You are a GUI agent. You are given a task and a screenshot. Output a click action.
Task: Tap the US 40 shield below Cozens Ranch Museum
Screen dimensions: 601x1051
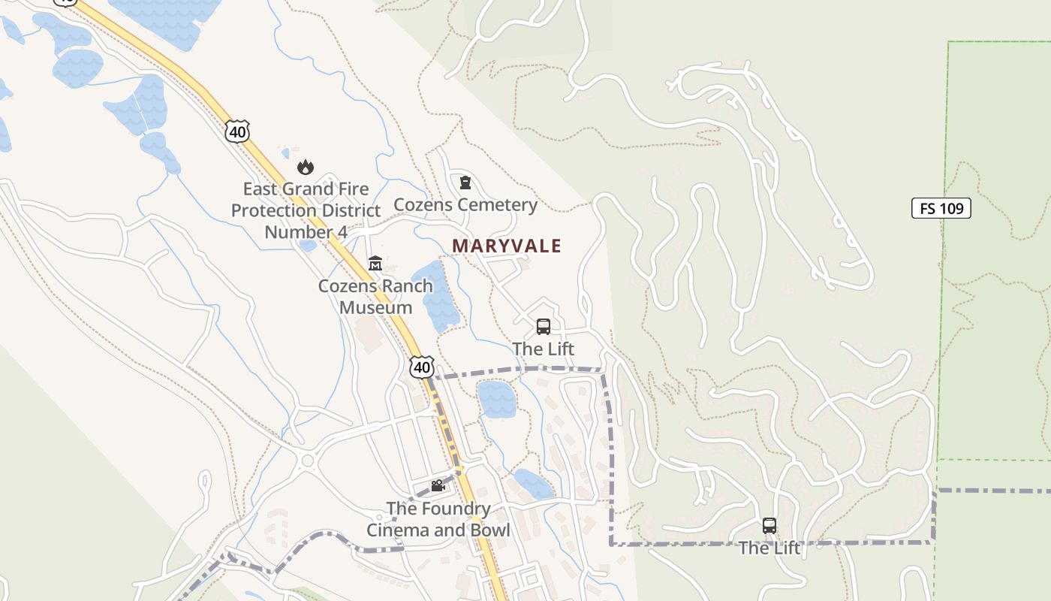pyautogui.click(x=422, y=367)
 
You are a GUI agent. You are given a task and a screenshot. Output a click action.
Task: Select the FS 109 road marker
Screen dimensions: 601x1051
pyautogui.click(x=941, y=208)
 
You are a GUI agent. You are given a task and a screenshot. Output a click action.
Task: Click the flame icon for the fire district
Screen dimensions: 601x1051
pyautogui.click(x=306, y=167)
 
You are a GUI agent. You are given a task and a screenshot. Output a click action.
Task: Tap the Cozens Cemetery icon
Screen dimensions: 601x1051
pyautogui.click(x=465, y=183)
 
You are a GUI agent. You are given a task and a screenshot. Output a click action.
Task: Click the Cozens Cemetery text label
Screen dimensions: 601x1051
pyautogui.click(x=465, y=204)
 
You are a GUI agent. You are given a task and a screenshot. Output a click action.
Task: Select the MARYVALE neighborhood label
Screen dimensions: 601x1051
pyautogui.click(x=507, y=246)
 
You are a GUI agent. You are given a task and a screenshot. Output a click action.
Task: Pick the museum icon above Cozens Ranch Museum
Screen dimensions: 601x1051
pyautogui.click(x=375, y=264)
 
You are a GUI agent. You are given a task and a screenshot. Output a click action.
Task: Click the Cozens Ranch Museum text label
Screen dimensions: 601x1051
pyautogui.click(x=375, y=297)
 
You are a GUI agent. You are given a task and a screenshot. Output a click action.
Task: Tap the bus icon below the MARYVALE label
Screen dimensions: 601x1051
pyautogui.click(x=544, y=327)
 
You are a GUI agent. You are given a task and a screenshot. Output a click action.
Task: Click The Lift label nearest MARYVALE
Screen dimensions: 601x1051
pyautogui.click(x=544, y=349)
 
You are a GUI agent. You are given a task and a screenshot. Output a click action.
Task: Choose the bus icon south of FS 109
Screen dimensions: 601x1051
pyautogui.click(x=769, y=526)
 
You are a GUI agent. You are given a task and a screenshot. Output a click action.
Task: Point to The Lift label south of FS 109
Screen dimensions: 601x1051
pyautogui.click(x=769, y=548)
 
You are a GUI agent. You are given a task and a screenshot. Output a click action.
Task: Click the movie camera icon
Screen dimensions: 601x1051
pyautogui.click(x=438, y=486)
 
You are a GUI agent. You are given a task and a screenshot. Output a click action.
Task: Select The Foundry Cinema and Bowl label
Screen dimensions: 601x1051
pyautogui.click(x=438, y=519)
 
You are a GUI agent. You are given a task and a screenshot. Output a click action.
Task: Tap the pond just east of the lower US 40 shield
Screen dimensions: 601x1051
pyautogui.click(x=496, y=399)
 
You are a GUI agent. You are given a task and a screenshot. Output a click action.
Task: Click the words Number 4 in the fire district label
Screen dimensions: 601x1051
pyautogui.click(x=306, y=231)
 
